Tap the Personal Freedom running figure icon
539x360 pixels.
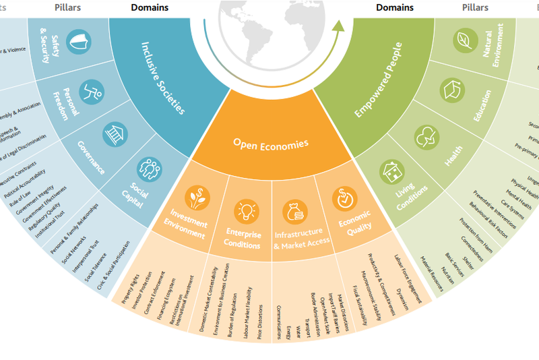click(92, 90)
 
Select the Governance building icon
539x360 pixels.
click(117, 133)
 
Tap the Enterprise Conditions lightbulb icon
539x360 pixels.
click(245, 210)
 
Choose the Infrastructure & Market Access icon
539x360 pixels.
click(298, 210)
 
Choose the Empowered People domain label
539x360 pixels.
click(379, 80)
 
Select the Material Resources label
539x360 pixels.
click(432, 274)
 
